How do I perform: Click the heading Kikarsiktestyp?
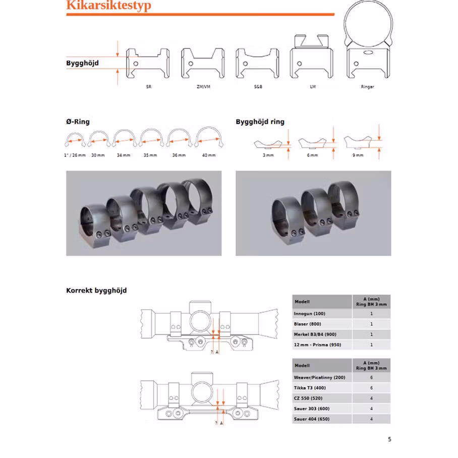point(108,6)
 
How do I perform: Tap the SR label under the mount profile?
point(148,87)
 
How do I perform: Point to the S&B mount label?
point(258,87)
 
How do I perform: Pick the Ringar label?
point(368,87)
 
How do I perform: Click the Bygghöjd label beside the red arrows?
point(82,64)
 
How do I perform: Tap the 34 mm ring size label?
point(123,155)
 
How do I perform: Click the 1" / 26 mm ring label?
point(75,155)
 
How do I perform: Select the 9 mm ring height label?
point(358,155)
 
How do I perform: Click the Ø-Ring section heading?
point(78,122)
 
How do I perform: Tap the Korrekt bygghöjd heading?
point(96,291)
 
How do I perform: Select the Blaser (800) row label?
point(307,324)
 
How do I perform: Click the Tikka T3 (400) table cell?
point(311,388)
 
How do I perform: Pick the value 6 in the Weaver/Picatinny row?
point(371,377)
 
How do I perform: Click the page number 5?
point(389,439)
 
